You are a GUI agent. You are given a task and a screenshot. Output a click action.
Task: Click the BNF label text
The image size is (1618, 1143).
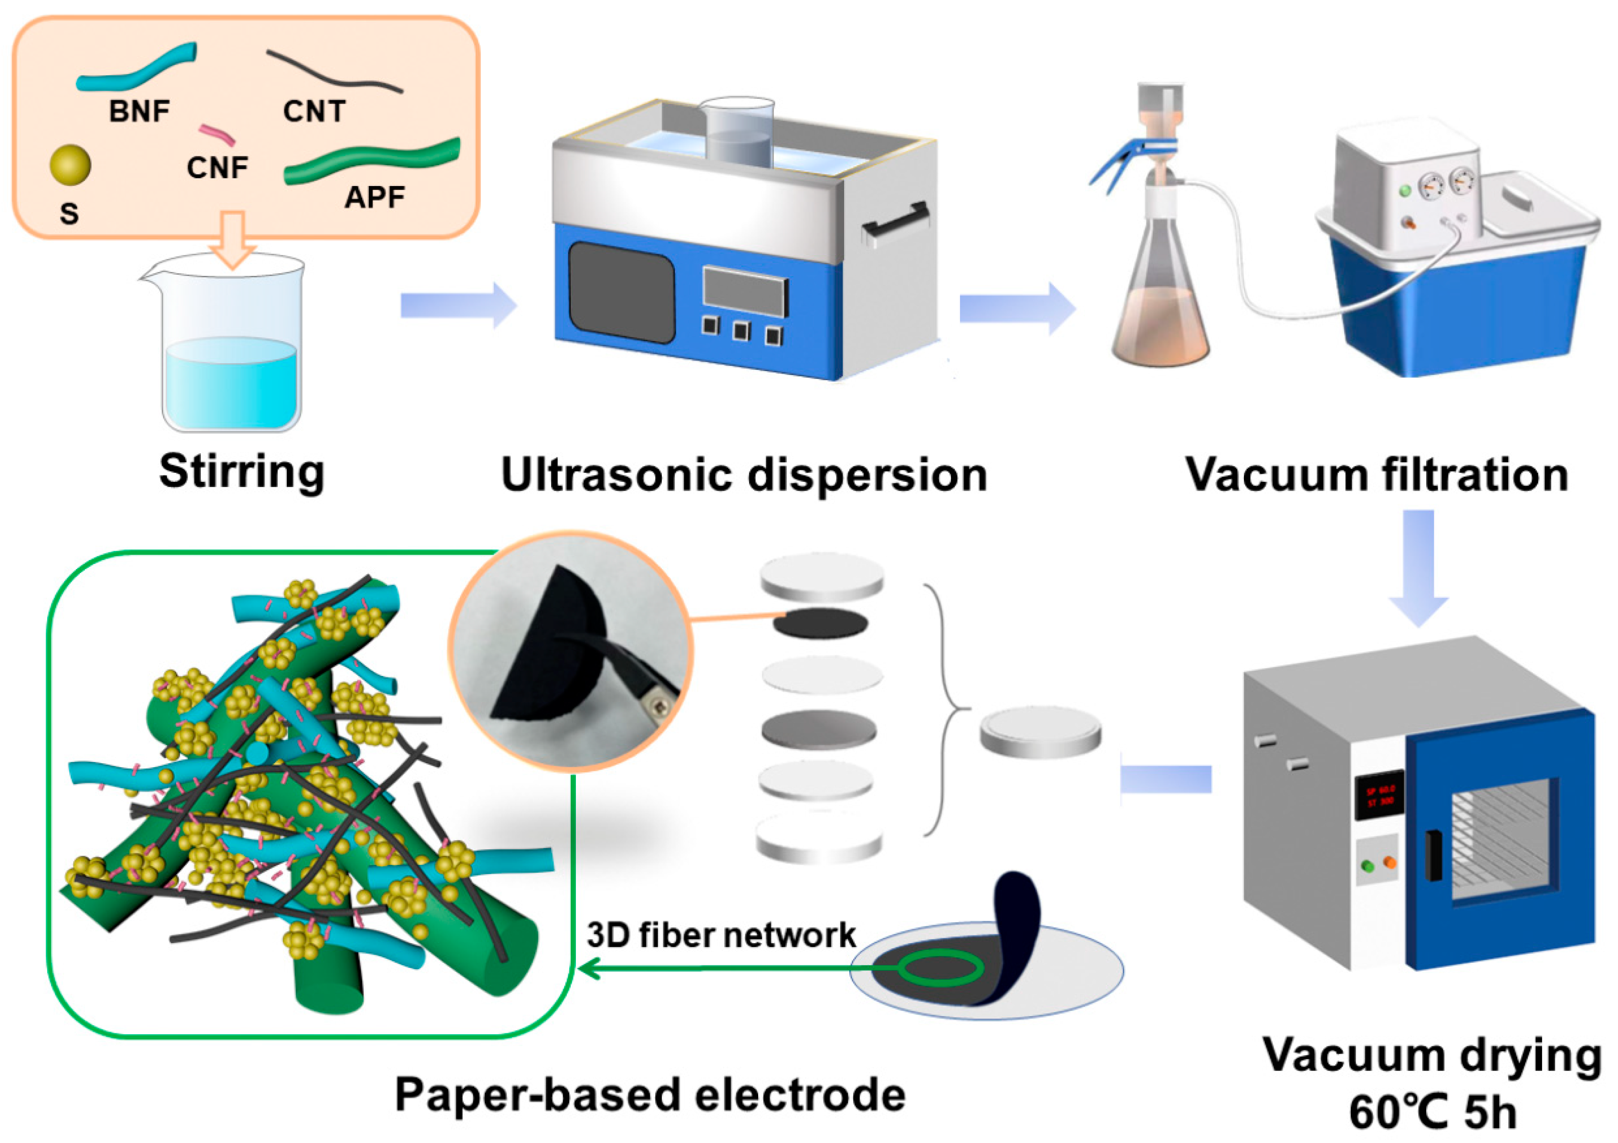pyautogui.click(x=139, y=111)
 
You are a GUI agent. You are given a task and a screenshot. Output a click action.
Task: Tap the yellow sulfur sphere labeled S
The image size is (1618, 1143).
pyautogui.click(x=70, y=165)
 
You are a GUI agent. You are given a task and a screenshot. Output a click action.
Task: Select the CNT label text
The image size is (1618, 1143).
pyautogui.click(x=314, y=111)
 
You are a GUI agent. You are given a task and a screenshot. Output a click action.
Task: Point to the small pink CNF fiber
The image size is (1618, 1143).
pyautogui.click(x=217, y=134)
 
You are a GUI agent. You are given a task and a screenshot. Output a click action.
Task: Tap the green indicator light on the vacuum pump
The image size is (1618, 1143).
pyautogui.click(x=1404, y=190)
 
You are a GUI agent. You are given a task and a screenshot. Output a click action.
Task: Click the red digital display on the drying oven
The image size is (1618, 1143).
pyautogui.click(x=1378, y=796)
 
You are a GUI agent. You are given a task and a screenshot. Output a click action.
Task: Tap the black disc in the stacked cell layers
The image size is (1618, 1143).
pyautogui.click(x=820, y=623)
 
